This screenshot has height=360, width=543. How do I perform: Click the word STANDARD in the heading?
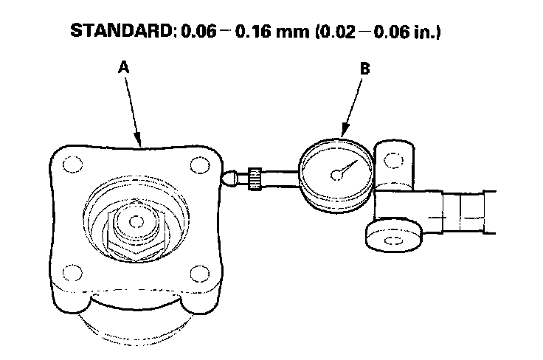pos(122,32)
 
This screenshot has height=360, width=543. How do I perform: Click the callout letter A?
pos(124,67)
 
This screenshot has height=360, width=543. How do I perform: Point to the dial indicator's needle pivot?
pos(336,175)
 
